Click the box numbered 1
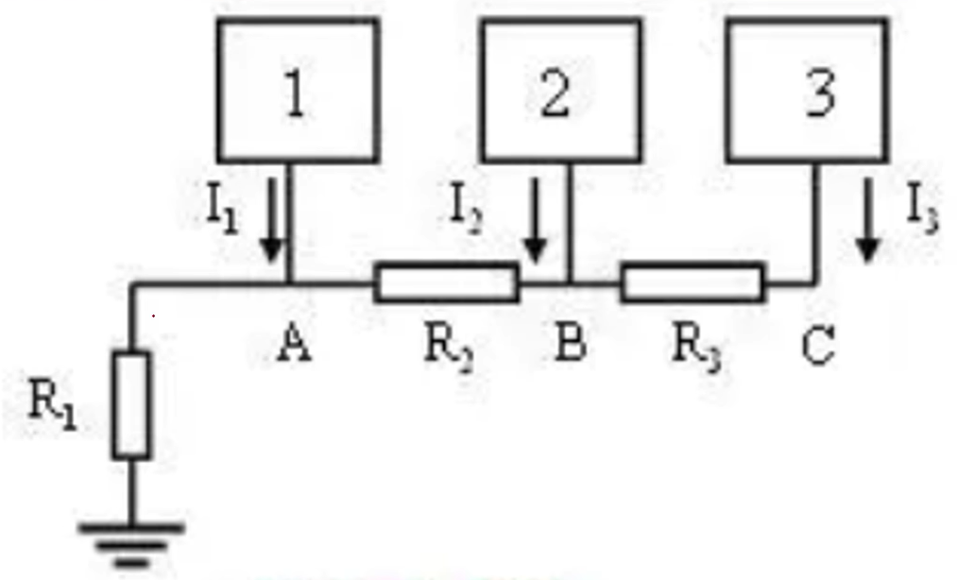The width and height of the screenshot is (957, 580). [x=299, y=91]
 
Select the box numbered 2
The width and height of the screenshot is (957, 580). [x=561, y=91]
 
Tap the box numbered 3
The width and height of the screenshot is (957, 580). [x=808, y=91]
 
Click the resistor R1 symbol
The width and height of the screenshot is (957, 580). [x=131, y=405]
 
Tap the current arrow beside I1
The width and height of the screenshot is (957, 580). [x=271, y=221]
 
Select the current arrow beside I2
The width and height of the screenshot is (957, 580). [x=535, y=221]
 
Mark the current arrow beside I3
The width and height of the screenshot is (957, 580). [x=867, y=221]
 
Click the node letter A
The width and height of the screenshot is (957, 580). [x=295, y=346]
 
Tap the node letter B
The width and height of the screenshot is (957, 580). [x=570, y=346]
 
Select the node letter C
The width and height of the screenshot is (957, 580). [x=817, y=346]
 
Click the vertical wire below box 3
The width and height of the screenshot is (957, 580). [x=815, y=222]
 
